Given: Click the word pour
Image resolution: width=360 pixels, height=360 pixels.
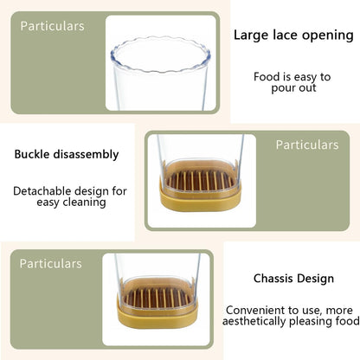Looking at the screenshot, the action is [x=283, y=88].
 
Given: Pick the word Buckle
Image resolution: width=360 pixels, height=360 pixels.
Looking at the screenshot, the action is [x=32, y=154].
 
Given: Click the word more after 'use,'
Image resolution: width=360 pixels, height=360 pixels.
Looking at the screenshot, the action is [x=339, y=311].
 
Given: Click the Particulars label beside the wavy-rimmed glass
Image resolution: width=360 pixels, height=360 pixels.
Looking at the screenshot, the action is [x=52, y=26].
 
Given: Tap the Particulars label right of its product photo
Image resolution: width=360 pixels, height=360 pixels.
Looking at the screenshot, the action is [x=307, y=145].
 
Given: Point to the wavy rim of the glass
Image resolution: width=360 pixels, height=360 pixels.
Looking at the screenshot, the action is [x=160, y=55].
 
